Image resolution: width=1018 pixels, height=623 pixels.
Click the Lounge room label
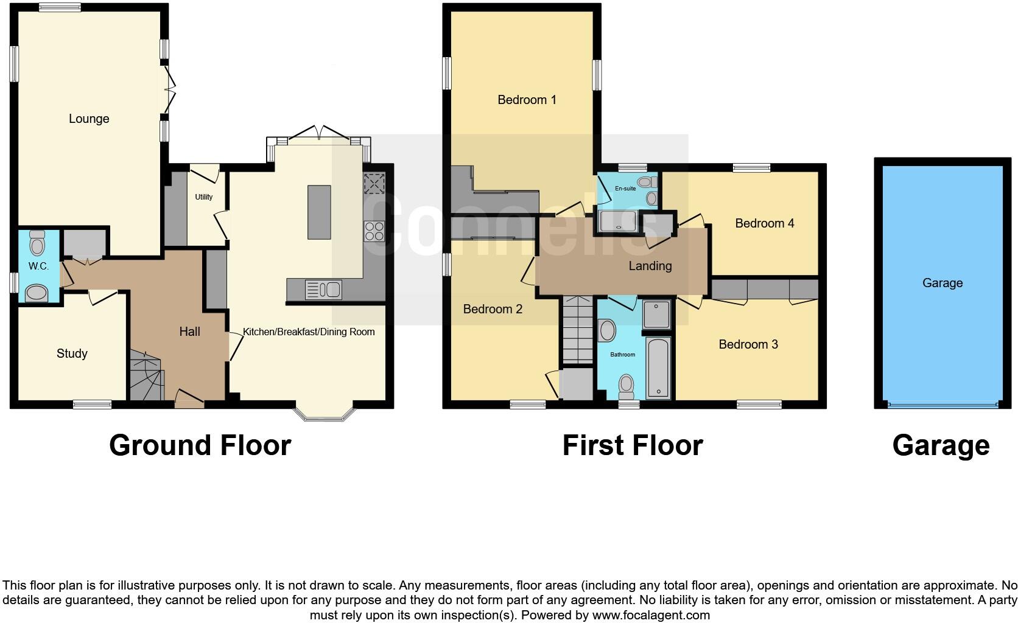pyautogui.click(x=89, y=119)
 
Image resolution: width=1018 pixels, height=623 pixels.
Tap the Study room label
pyautogui.click(x=72, y=353)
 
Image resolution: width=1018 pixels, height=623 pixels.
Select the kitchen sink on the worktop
pyautogui.click(x=323, y=290)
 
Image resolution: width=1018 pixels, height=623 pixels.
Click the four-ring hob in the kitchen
pyautogui.click(x=374, y=231)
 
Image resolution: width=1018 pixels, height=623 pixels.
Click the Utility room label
pyautogui.click(x=204, y=197)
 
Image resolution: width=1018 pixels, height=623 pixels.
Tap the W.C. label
pyautogui.click(x=38, y=266)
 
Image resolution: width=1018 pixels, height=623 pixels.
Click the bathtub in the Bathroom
pyautogui.click(x=658, y=367)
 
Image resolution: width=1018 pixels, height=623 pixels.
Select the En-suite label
pyautogui.click(x=625, y=189)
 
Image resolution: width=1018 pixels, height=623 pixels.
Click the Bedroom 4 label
pyautogui.click(x=764, y=223)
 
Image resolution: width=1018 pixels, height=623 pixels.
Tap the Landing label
pyautogui.click(x=650, y=266)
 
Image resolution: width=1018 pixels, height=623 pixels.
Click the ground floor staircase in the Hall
pyautogui.click(x=146, y=376)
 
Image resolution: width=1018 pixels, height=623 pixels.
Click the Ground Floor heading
pyautogui.click(x=200, y=445)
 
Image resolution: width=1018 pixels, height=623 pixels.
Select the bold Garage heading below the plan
pyautogui.click(x=941, y=445)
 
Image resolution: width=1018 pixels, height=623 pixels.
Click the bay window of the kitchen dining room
pyautogui.click(x=324, y=413)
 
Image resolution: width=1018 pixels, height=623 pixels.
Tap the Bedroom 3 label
pyautogui.click(x=748, y=344)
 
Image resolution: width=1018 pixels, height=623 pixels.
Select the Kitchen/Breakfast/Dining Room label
pyautogui.click(x=309, y=332)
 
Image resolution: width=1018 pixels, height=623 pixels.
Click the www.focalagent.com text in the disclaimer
pyautogui.click(x=651, y=615)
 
